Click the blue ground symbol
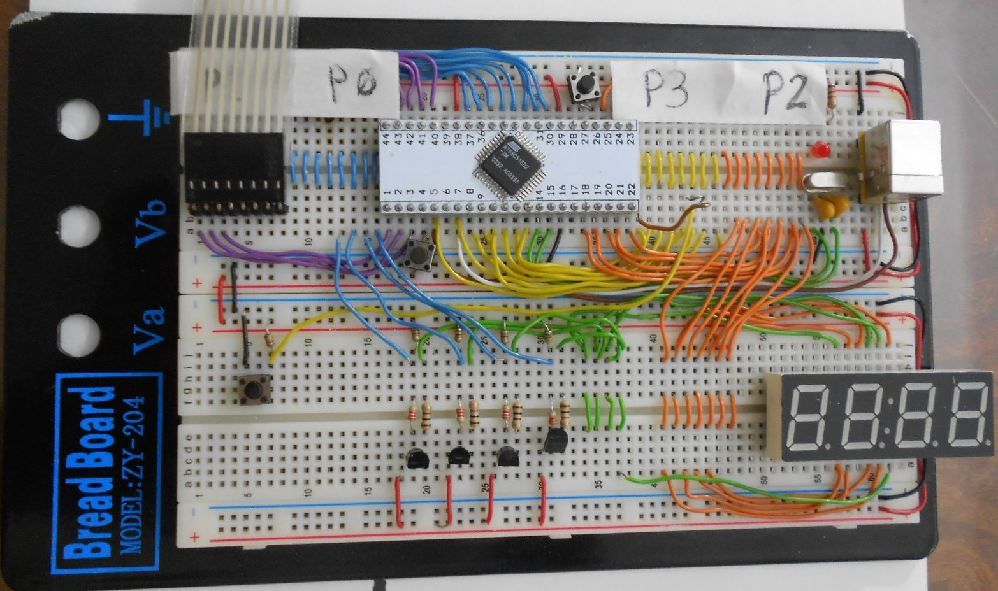coord(148,118)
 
